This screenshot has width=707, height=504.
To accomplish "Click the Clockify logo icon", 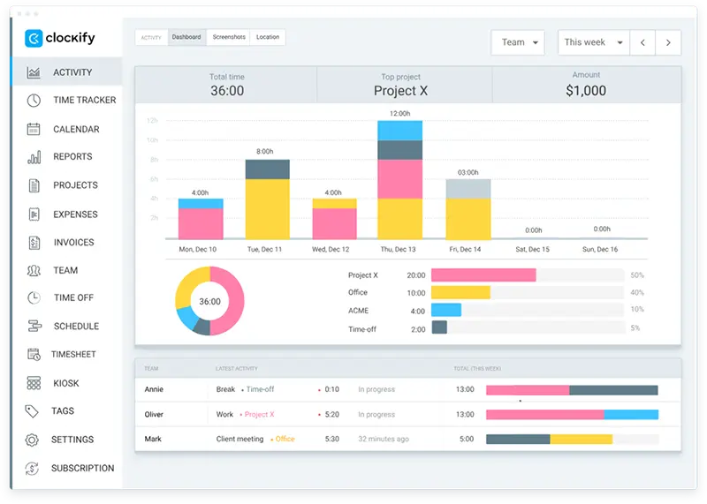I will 34,38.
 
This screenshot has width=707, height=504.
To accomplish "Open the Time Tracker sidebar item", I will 84,100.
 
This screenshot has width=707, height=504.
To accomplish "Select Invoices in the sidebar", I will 73,242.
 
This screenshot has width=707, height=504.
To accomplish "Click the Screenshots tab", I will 229,37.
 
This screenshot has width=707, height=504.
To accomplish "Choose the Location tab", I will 268,37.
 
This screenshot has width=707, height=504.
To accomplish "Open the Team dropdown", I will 518,42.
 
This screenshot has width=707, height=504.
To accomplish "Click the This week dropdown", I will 593,42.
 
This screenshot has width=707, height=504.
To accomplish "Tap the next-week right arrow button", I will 669,42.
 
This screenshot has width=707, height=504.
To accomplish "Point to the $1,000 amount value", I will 586,90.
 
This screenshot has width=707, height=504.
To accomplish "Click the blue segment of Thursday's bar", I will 399,131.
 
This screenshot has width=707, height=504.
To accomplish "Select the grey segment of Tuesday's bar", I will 267,169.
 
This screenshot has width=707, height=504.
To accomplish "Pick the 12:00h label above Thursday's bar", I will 399,114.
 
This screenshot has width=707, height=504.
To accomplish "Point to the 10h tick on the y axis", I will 153,139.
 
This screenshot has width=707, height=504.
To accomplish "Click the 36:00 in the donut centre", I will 209,301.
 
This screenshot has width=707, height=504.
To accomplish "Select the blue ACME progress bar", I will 446,310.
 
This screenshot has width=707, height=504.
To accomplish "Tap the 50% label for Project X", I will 636,275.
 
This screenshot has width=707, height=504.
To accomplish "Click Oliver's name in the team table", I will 154,414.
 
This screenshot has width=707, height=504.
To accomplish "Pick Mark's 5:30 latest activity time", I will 331,439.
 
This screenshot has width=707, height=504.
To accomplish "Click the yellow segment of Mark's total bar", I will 581,439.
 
